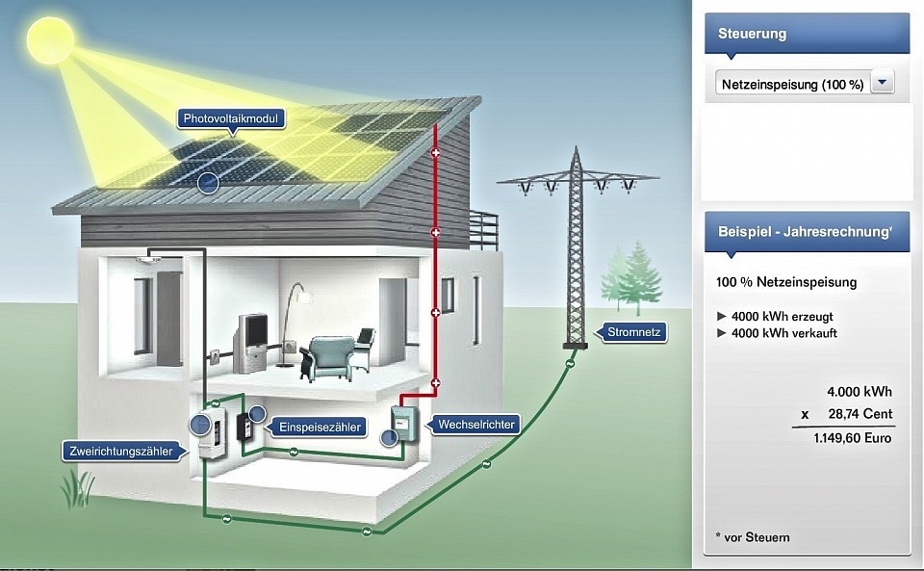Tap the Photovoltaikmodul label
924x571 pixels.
click(x=229, y=119)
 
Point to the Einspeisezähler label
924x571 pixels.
click(x=318, y=426)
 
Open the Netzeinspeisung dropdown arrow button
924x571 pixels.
click(x=883, y=84)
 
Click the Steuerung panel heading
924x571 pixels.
click(x=752, y=34)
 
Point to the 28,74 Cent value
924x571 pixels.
click(x=860, y=414)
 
